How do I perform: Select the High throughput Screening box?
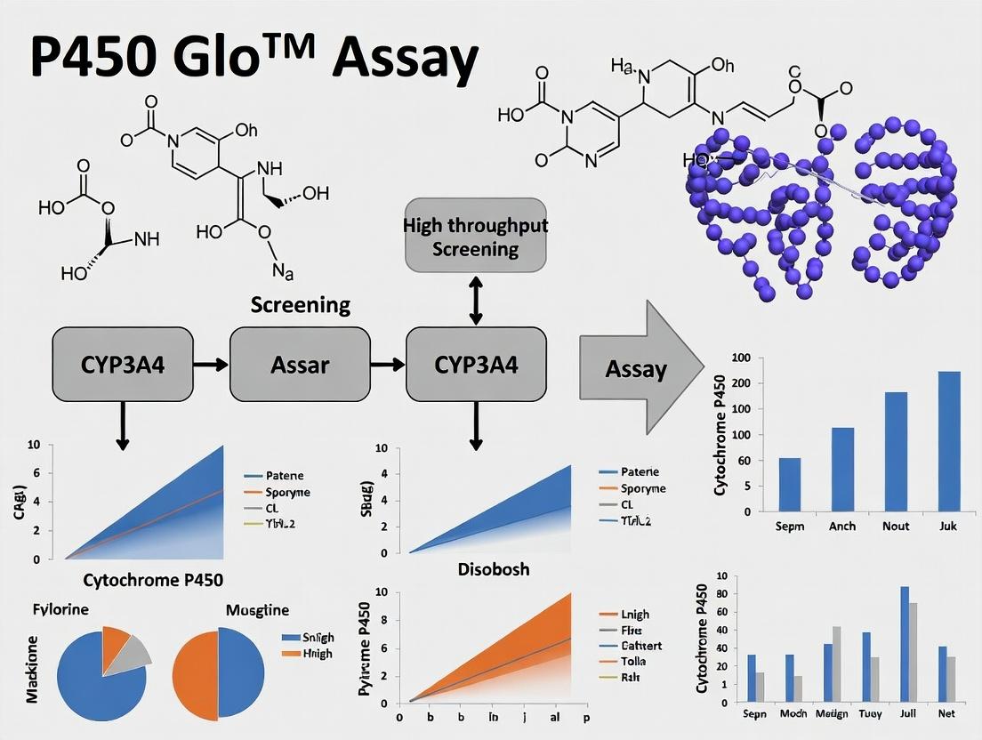[475, 235]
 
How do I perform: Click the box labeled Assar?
[300, 364]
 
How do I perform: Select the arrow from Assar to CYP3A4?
[387, 364]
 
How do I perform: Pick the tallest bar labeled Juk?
[949, 441]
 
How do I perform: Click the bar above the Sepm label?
[789, 485]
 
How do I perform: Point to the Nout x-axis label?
[896, 526]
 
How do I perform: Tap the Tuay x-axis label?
[870, 713]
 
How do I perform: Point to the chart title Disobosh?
[480, 568]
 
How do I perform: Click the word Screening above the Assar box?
[300, 306]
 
